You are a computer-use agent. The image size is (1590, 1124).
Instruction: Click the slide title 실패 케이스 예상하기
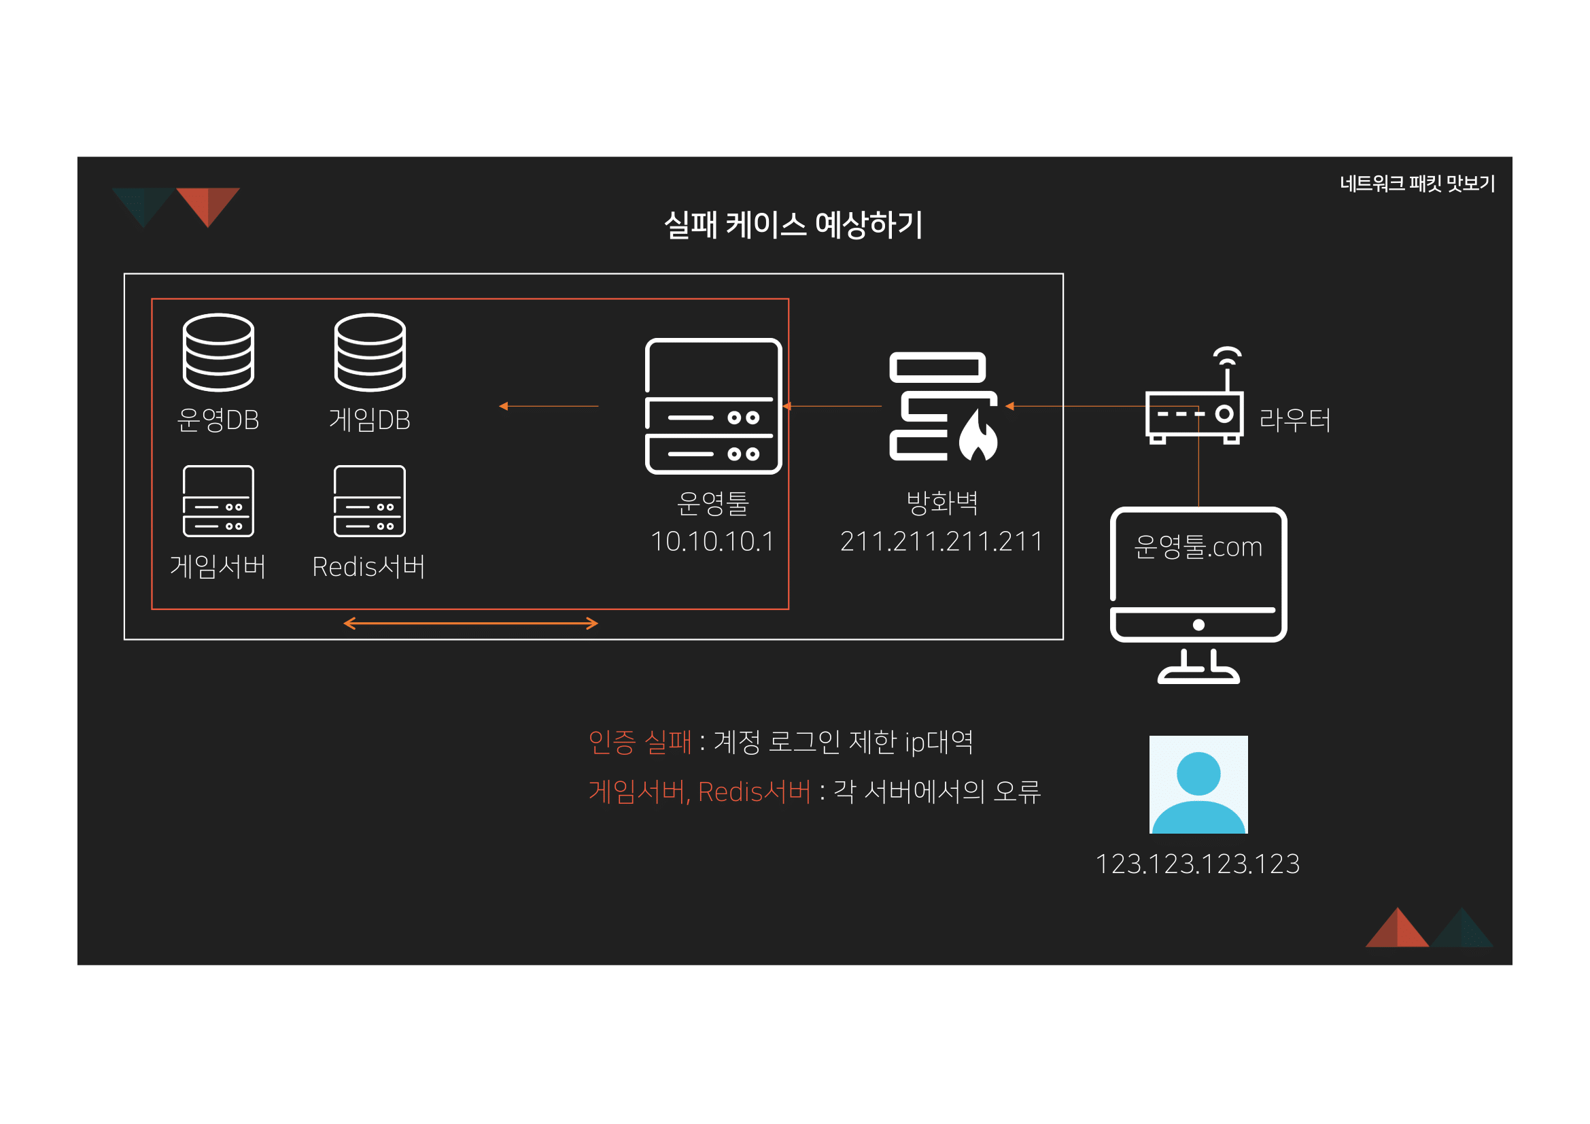pos(793,224)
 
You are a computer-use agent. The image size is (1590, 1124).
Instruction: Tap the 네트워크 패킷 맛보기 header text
pos(1417,184)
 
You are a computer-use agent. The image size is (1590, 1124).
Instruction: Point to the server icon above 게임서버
pos(218,500)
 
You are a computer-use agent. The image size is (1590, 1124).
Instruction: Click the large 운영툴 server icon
pos(712,406)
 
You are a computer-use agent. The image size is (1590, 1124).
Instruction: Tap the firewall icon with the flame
pos(942,407)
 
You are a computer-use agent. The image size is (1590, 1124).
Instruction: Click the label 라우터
pos(1294,420)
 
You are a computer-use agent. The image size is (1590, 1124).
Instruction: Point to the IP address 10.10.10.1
pos(712,541)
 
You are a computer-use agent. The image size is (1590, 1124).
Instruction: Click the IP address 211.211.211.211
pos(941,541)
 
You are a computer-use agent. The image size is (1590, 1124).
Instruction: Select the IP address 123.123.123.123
pos(1197,864)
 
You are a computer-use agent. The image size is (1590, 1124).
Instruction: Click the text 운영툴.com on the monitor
pos(1198,547)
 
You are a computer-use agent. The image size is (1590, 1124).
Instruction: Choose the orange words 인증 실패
pos(639,742)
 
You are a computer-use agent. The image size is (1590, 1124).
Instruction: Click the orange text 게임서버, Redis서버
pos(699,791)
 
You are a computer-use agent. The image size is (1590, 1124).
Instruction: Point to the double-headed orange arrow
pos(470,624)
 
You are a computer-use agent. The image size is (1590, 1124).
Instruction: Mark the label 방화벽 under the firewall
pos(941,503)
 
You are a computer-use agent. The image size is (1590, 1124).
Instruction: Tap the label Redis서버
pos(368,566)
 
